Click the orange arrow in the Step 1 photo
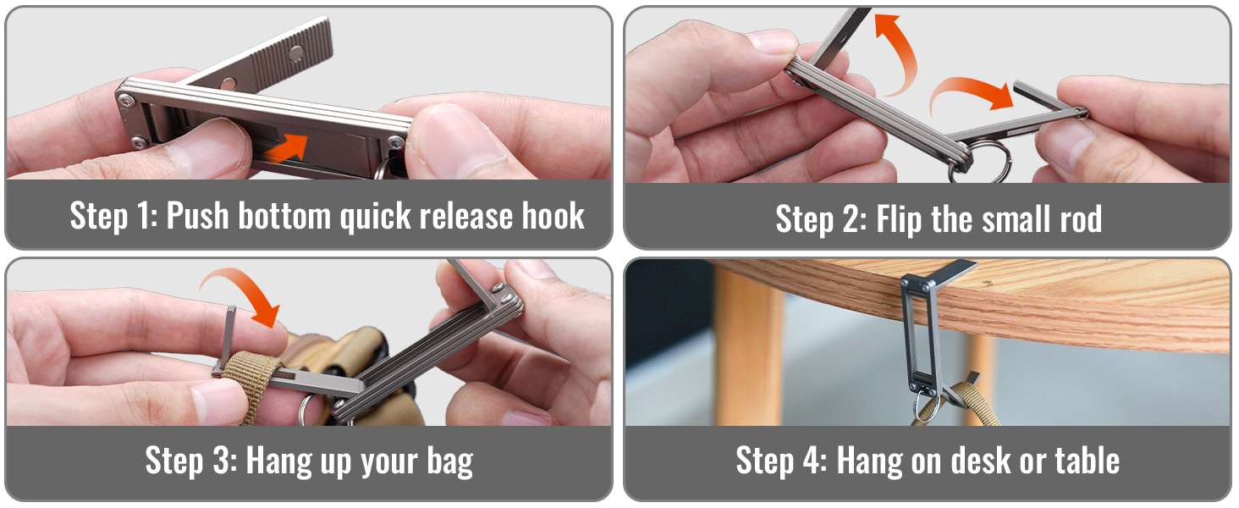tap(288, 148)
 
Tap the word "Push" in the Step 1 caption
tap(197, 215)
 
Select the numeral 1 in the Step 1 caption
tap(142, 215)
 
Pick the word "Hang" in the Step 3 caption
tap(278, 461)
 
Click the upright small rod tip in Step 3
tap(231, 310)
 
